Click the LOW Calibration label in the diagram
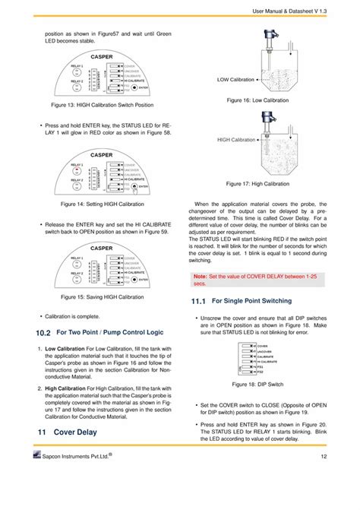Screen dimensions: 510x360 coord(235,78)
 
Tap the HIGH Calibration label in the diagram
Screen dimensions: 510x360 coord(236,140)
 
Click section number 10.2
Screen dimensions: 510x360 coord(43,333)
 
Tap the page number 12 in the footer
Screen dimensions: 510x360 coord(324,477)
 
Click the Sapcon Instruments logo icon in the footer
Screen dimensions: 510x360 coord(39,476)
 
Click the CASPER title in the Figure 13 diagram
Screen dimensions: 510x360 coord(102,56)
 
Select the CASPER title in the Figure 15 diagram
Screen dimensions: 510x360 coord(102,248)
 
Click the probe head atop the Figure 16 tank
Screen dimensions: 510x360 coord(268,34)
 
